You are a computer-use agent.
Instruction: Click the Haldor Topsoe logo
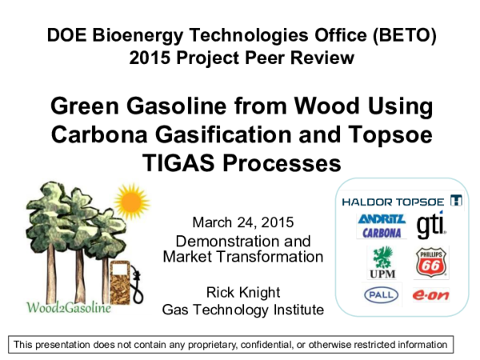pos(401,200)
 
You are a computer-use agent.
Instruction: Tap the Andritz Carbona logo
pos(382,226)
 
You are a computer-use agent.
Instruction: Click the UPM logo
pos(380,262)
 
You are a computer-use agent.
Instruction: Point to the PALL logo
pos(381,294)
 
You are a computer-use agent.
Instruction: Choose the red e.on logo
pos(429,295)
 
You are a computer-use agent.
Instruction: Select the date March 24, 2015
pos(243,222)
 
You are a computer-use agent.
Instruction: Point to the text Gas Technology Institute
pos(243,309)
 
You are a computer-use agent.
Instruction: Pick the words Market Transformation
pos(243,257)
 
